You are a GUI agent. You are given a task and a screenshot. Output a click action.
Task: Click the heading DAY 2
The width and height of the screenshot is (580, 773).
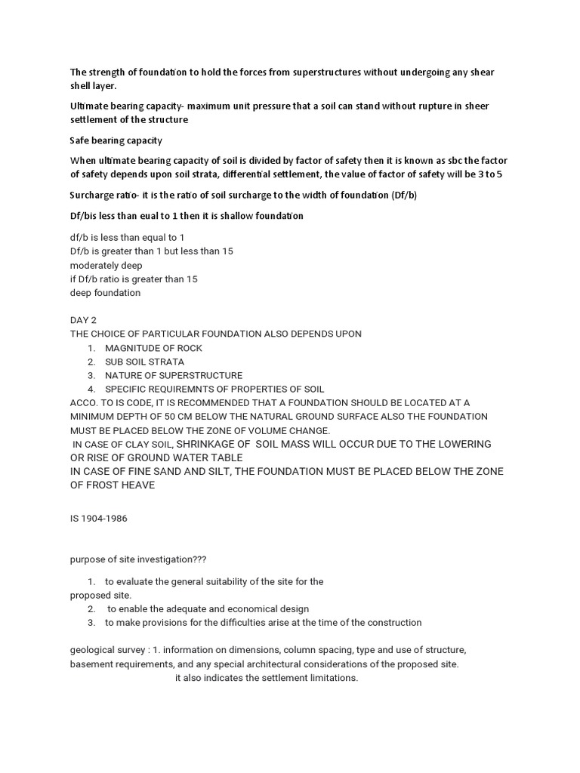click(85, 320)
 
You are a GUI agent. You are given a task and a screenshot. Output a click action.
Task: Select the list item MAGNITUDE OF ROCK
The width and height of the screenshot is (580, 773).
click(153, 348)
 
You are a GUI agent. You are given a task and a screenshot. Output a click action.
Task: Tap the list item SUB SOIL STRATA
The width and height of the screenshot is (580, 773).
click(144, 362)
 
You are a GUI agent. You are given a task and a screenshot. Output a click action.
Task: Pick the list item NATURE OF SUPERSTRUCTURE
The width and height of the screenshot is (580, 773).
click(174, 375)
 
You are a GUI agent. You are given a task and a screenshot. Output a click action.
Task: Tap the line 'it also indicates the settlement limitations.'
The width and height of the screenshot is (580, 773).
click(267, 678)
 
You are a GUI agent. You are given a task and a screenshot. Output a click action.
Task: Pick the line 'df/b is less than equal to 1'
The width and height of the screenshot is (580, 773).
click(127, 237)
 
